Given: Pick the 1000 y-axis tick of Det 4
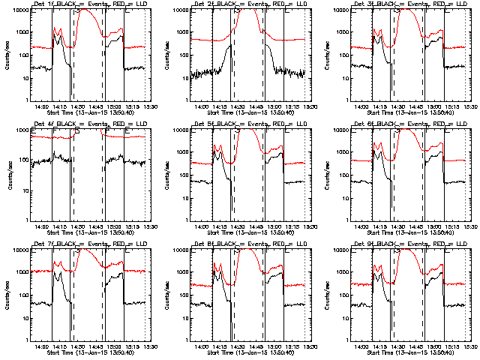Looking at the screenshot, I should [25, 130].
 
